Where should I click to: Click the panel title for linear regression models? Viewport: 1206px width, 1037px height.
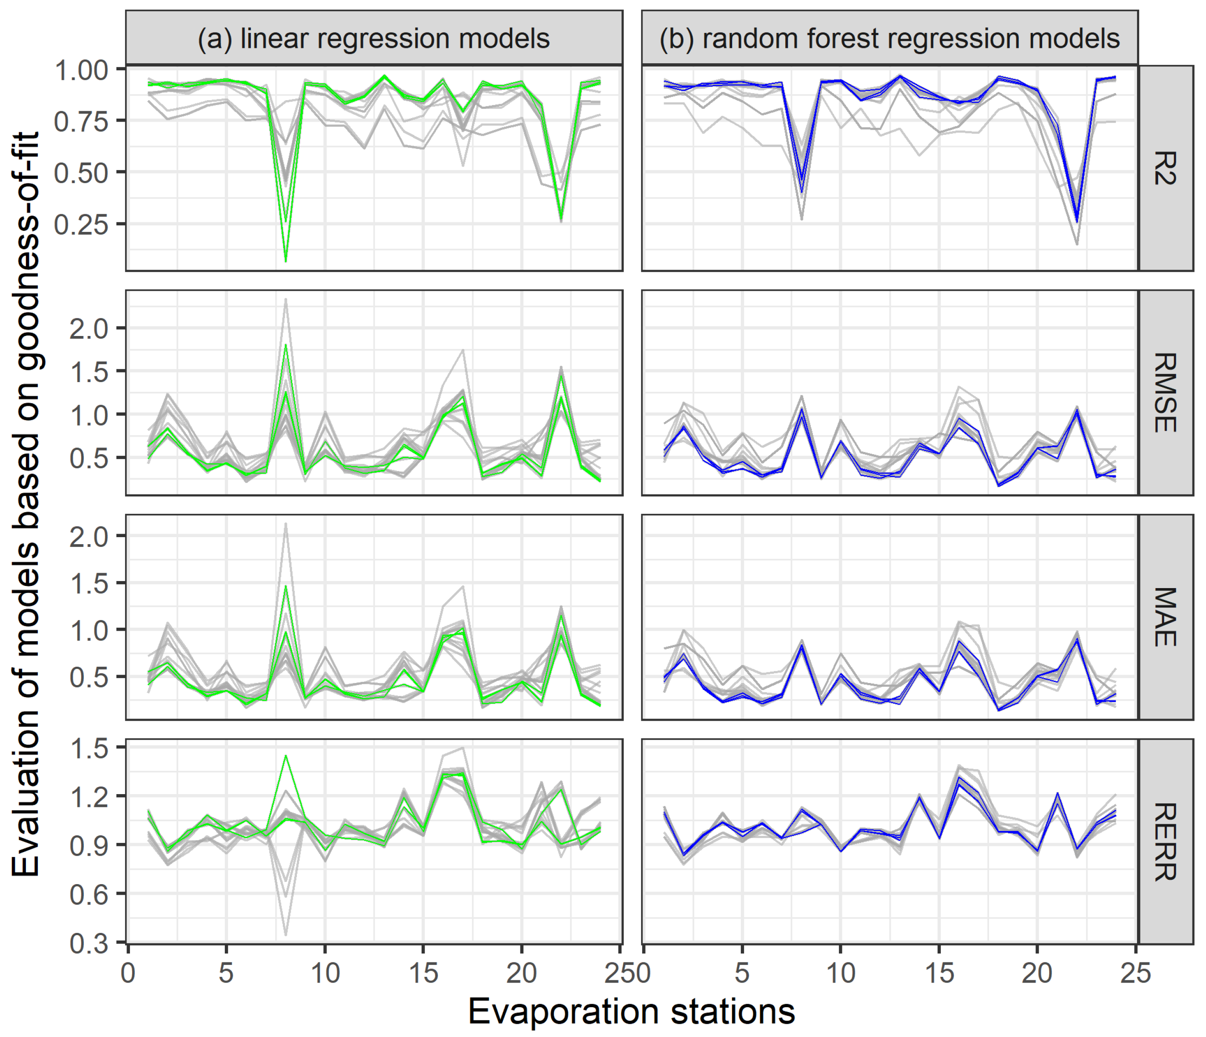click(x=374, y=38)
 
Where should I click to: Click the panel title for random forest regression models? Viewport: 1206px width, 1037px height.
click(x=889, y=38)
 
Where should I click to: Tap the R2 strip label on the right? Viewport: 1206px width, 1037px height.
click(x=1165, y=168)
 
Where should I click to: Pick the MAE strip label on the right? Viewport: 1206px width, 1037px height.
click(x=1165, y=617)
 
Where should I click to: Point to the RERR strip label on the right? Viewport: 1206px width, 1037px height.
click(x=1165, y=842)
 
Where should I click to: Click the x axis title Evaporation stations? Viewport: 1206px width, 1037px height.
click(x=632, y=1012)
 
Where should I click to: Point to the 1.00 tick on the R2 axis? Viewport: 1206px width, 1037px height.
click(x=82, y=70)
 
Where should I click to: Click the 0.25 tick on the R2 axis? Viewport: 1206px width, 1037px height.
click(x=82, y=224)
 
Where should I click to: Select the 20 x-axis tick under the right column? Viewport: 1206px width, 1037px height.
click(x=1037, y=973)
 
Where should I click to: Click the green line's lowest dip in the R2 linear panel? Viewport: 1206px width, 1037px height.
click(x=286, y=261)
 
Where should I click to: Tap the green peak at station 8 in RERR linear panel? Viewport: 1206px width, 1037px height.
click(x=286, y=756)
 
